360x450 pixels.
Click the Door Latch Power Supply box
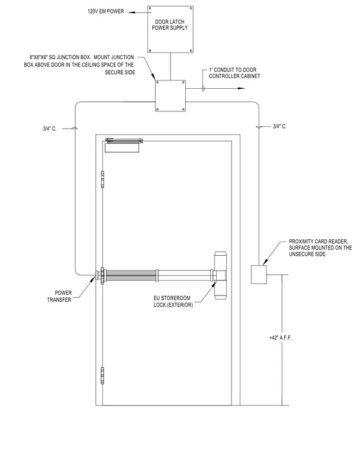pos(171,29)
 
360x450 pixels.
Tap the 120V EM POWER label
pos(105,11)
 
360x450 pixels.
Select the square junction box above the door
pos(171,95)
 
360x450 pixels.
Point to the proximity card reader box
pos(259,275)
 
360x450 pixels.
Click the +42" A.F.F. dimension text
pos(281,337)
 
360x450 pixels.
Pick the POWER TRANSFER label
pos(59,296)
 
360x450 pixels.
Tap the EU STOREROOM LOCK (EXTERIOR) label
pos(173,301)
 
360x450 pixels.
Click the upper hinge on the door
pos(102,179)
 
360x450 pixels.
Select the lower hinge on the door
pos(102,375)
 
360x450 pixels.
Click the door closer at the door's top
pos(123,145)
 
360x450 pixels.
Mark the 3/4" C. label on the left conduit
pos(50,128)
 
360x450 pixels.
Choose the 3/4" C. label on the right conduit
pos(279,126)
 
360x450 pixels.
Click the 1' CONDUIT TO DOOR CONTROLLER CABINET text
pos(234,73)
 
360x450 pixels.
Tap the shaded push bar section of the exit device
pos(132,275)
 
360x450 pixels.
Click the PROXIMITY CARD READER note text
pos(320,248)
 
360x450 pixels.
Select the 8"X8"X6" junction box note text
pos(79,65)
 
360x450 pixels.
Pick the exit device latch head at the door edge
pos(220,275)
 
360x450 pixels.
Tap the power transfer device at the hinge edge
pos(102,276)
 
